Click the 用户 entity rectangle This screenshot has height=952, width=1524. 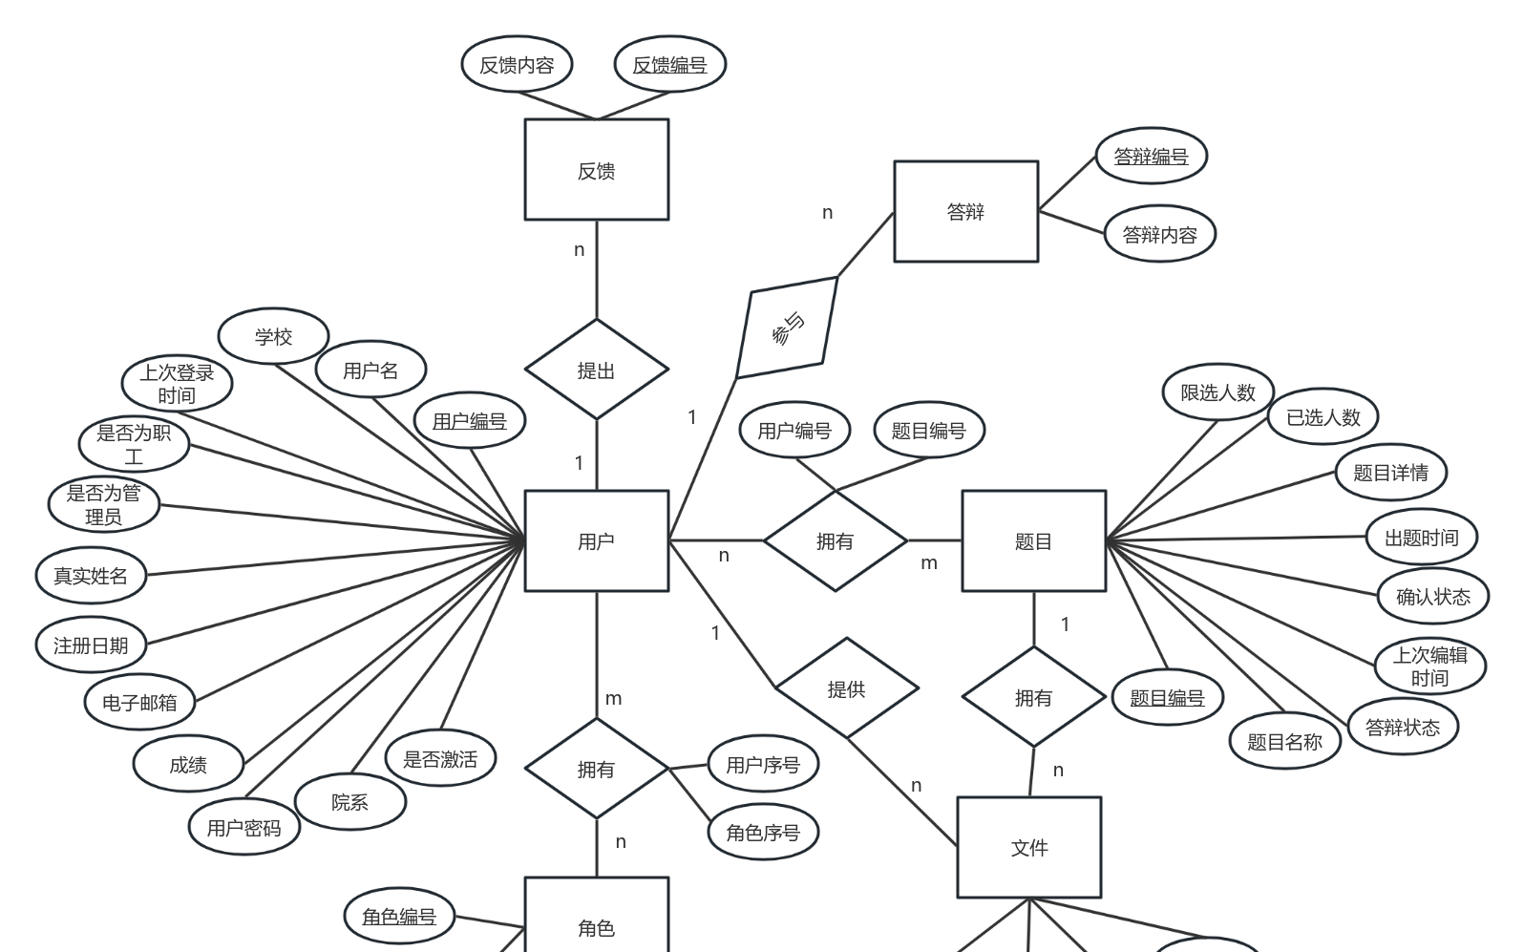[596, 540]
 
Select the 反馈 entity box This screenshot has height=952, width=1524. [596, 169]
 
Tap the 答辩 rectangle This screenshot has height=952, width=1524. [965, 211]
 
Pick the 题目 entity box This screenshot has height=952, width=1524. [1033, 540]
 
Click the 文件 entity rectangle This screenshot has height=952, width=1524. [1028, 847]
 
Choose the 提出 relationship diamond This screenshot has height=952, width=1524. [596, 370]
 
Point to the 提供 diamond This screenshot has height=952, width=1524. [846, 688]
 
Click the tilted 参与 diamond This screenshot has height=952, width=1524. [787, 328]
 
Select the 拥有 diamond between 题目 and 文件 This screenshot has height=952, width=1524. [1033, 697]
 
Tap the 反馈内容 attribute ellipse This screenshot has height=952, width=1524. [517, 65]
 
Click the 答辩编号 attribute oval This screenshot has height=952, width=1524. [1151, 156]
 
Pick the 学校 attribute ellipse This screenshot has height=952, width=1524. [273, 336]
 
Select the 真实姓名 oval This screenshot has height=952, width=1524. [91, 576]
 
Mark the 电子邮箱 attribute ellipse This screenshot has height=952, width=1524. [139, 703]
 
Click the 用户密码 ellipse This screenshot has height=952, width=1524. [243, 828]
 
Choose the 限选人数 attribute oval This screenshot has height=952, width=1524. [1217, 391]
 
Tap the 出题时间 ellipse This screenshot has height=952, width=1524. [1422, 538]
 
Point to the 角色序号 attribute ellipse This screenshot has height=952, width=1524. [763, 833]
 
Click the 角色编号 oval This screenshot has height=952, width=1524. [399, 917]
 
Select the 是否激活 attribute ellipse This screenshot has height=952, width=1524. [440, 759]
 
